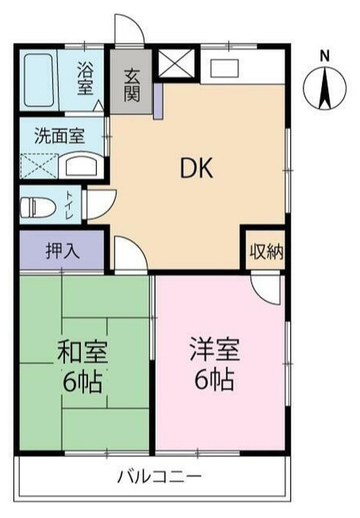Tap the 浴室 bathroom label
point(85,78)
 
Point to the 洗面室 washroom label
point(58,135)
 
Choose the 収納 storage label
point(265,252)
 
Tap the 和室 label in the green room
point(82,352)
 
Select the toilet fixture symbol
point(36,207)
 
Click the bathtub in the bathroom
point(38,78)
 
